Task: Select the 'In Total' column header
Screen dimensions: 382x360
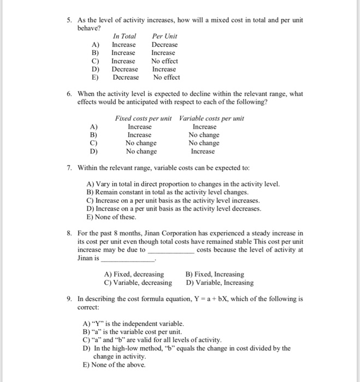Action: pyautogui.click(x=124, y=36)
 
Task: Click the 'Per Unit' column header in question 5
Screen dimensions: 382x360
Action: pyautogui.click(x=164, y=36)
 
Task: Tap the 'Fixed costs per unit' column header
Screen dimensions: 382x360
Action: pyautogui.click(x=143, y=118)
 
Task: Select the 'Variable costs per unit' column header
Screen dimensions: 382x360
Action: pyautogui.click(x=211, y=118)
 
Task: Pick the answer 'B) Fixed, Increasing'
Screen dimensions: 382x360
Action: pyautogui.click(x=215, y=274)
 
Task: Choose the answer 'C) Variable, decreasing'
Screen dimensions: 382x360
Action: pyautogui.click(x=138, y=282)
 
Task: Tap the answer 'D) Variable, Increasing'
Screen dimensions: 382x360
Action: pyautogui.click(x=220, y=282)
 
